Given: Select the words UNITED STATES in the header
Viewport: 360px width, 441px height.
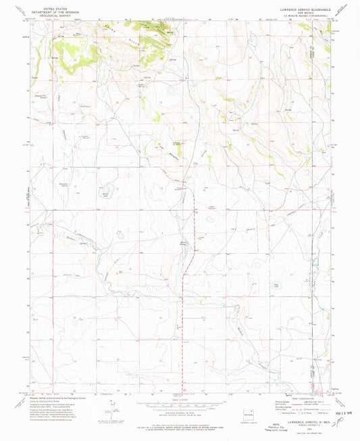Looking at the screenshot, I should [47, 6].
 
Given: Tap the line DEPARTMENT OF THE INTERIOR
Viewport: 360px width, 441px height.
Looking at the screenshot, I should [47, 10].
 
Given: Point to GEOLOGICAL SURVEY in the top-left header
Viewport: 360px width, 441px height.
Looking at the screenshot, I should [47, 14].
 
